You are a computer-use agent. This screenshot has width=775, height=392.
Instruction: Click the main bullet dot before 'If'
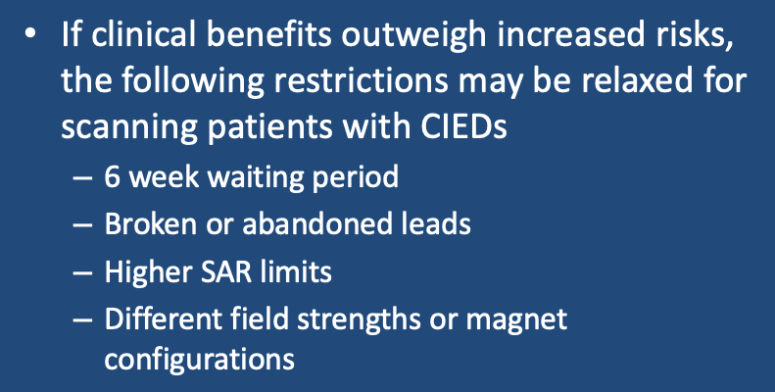coord(30,33)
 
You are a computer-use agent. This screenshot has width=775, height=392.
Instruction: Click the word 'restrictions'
coord(360,79)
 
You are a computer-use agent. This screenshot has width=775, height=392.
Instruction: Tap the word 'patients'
coord(271,126)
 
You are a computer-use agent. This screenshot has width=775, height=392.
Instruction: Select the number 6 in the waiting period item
coord(113,176)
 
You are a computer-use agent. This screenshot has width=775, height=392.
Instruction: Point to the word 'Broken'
coord(150,223)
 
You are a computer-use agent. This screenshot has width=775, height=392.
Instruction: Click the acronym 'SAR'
coord(220,271)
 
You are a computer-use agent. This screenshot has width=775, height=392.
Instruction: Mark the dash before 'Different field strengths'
coord(82,320)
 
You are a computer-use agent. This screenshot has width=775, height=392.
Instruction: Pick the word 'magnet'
coord(516,320)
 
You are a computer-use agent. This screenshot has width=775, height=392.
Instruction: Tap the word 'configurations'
coord(200,359)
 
